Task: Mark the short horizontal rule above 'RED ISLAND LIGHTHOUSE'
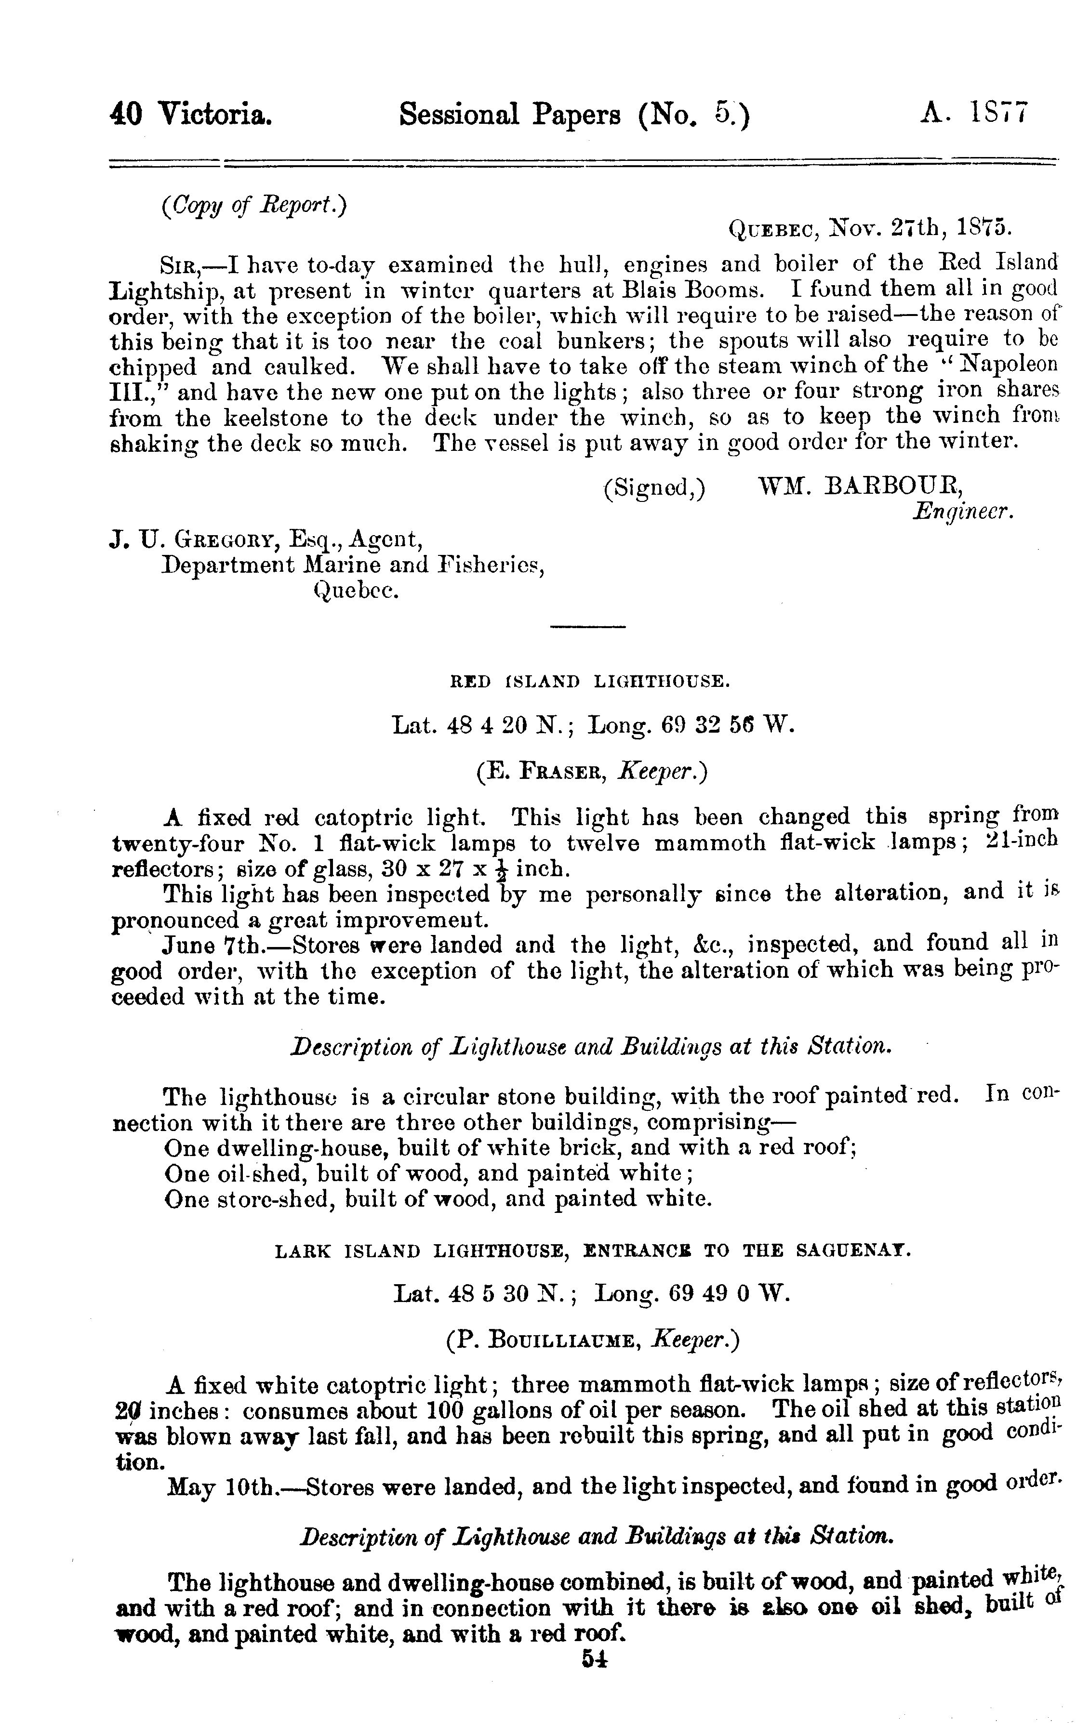tap(588, 628)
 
